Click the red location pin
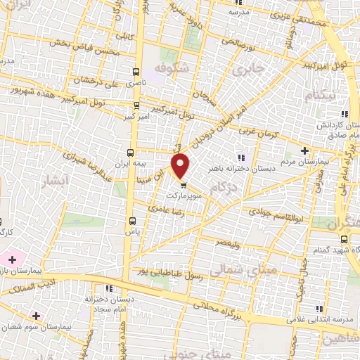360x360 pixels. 181,165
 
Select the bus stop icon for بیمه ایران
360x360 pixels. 130,152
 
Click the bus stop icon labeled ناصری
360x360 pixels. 136,71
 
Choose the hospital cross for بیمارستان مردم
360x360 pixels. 304,150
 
